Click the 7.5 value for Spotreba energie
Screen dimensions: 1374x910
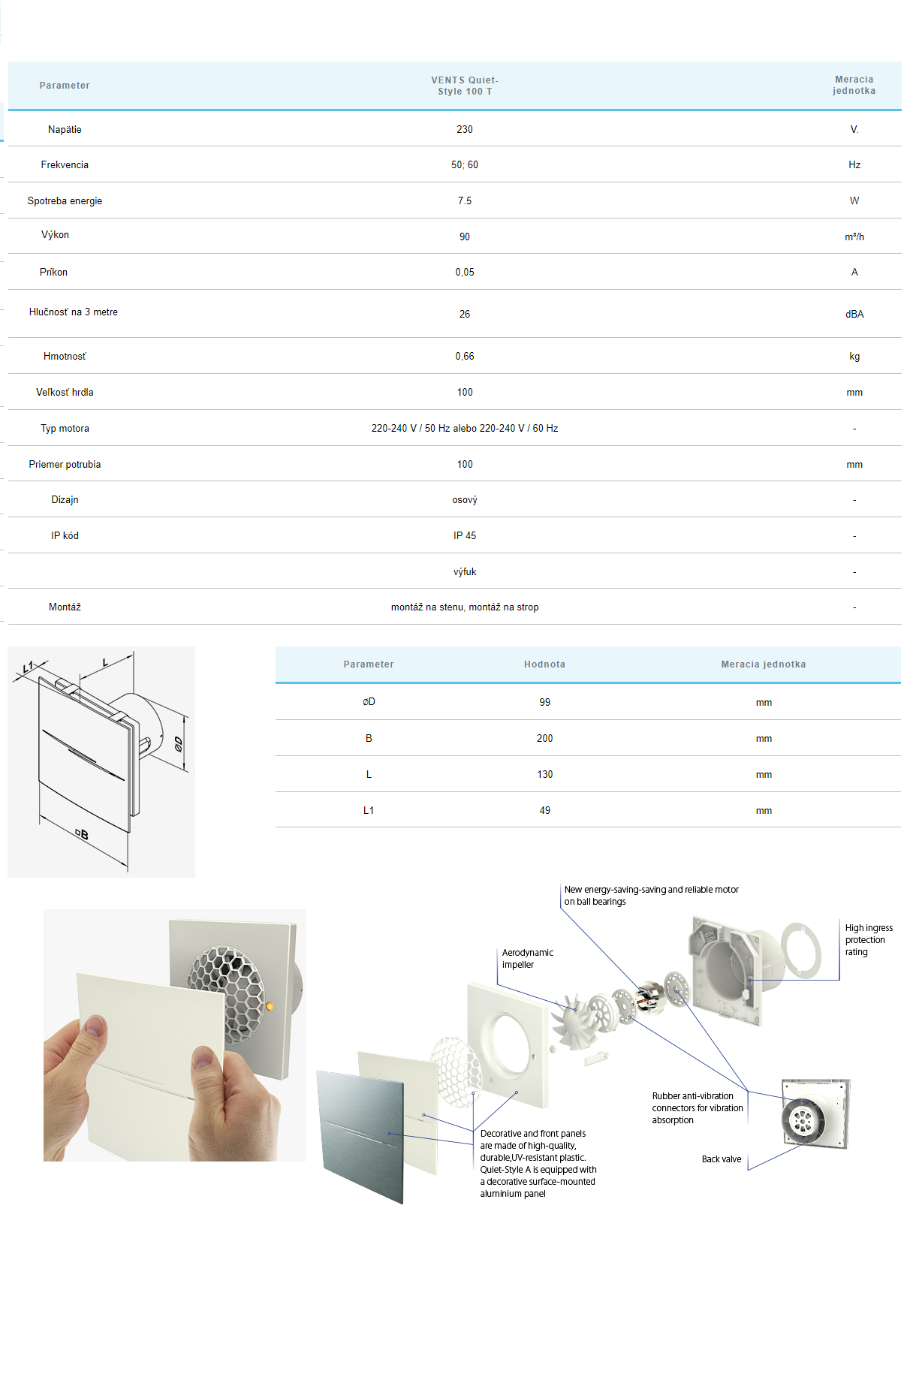465,200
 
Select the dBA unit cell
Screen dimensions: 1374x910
854,314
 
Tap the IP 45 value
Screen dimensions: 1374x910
465,535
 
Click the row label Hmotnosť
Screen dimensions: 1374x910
65,356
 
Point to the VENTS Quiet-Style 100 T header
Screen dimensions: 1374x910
465,86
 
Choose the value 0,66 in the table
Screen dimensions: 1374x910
465,356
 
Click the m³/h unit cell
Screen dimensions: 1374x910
854,237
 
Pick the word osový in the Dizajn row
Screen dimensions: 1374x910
465,499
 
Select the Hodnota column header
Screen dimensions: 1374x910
544,664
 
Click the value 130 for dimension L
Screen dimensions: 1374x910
544,774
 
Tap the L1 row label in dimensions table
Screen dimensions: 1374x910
369,810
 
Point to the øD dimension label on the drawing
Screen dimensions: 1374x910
178,743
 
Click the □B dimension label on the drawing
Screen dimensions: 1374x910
82,834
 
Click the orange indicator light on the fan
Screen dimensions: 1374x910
270,1006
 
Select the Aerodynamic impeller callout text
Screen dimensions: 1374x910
527,958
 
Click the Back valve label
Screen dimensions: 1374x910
721,1159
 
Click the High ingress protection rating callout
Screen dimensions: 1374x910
868,939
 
